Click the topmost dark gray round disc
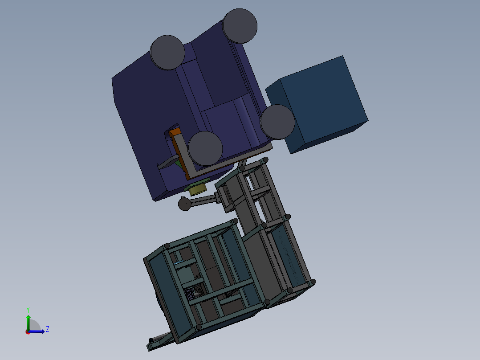coord(240,26)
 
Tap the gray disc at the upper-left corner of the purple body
coord(167,53)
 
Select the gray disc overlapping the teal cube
coord(277,122)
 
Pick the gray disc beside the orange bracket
coord(205,149)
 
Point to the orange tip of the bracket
coord(175,132)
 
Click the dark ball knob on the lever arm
coord(185,205)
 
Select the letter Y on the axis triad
coord(28,310)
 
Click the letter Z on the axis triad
coord(48,329)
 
